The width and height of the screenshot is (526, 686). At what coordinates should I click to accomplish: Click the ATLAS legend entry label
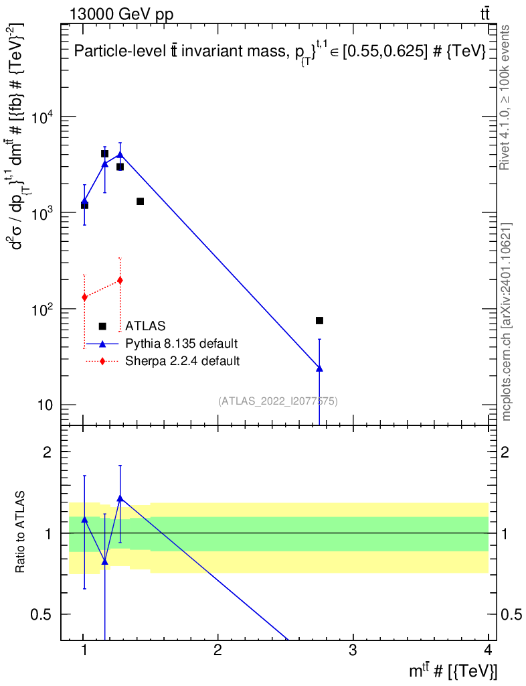(145, 326)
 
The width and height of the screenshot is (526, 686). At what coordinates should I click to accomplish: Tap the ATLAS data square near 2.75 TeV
(319, 321)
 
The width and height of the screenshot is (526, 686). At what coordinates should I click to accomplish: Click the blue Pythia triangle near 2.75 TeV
(319, 368)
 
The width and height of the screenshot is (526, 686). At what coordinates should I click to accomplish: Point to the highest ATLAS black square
(104, 153)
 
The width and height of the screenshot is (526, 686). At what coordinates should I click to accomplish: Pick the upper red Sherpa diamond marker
(120, 281)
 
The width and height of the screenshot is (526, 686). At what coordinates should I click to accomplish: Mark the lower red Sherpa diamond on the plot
(85, 297)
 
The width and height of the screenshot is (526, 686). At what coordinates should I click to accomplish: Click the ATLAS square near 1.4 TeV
(141, 201)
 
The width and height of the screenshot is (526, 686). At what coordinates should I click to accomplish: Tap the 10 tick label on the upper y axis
(45, 405)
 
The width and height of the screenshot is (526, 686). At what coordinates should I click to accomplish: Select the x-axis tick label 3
(353, 650)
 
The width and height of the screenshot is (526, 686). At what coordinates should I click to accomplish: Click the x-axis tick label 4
(488, 650)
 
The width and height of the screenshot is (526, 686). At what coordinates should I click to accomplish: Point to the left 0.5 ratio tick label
(41, 615)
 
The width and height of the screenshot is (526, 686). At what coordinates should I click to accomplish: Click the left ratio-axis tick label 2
(48, 452)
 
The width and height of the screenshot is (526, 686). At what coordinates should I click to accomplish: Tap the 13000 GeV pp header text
(121, 14)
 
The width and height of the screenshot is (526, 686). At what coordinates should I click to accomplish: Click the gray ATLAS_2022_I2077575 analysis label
(278, 401)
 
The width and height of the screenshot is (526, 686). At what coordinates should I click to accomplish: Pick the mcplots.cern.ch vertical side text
(505, 322)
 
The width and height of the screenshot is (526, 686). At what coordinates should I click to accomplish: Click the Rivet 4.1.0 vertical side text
(505, 97)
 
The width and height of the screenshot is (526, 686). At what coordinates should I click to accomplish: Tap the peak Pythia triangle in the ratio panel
(120, 498)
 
